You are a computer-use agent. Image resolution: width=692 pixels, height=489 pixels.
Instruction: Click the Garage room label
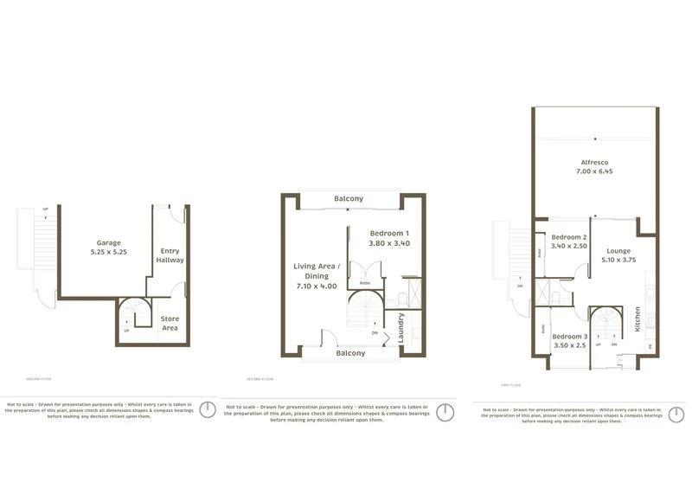tap(109, 243)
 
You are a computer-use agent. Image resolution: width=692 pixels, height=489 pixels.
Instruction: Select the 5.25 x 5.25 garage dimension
tap(109, 252)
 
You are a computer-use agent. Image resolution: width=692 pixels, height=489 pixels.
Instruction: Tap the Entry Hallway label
tap(170, 255)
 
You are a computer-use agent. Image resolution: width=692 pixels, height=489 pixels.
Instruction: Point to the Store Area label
tap(170, 324)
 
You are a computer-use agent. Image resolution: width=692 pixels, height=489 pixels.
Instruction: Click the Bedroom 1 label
tap(389, 234)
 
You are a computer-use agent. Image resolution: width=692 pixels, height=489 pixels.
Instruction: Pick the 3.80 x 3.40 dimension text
tap(389, 243)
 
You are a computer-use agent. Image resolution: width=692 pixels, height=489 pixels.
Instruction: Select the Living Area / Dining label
tap(316, 271)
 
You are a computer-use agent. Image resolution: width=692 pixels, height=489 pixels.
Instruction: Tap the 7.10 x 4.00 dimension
tap(316, 286)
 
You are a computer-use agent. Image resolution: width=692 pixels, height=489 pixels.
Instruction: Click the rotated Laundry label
tap(400, 327)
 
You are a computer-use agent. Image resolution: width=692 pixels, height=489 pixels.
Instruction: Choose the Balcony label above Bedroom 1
tap(349, 199)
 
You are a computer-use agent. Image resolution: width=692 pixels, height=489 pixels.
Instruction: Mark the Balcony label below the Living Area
tap(350, 353)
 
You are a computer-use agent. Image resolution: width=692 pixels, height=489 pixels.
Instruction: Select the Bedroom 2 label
tap(570, 237)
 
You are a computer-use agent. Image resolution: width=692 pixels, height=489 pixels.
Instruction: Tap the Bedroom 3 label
tap(570, 336)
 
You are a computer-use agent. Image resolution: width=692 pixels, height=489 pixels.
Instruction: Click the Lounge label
tap(618, 251)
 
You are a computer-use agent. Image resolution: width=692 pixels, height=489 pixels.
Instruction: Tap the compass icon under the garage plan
tap(208, 409)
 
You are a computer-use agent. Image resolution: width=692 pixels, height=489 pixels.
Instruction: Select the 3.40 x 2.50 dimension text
tap(570, 246)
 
